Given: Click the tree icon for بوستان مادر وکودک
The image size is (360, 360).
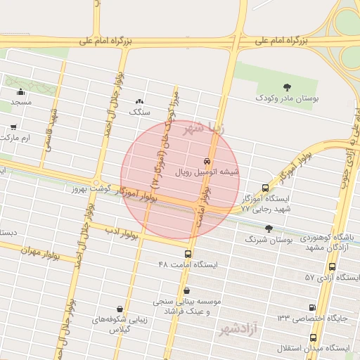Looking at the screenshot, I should click(287, 86).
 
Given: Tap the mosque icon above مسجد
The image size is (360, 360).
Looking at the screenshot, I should click(21, 91).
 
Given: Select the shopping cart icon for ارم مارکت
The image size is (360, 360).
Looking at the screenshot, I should click(14, 127).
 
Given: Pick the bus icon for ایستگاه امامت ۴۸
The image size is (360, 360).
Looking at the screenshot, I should click(188, 254).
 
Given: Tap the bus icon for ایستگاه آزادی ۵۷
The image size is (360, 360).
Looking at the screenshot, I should click(332, 266).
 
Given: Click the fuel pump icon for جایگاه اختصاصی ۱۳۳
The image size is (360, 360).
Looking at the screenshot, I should click(312, 307).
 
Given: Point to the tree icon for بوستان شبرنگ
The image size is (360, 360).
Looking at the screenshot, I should click(269, 229).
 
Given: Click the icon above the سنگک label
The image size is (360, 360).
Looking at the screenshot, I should click(139, 101).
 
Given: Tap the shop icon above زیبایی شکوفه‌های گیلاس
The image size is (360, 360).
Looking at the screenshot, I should click(120, 308).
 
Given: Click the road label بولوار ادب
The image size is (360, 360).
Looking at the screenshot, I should click(123, 231).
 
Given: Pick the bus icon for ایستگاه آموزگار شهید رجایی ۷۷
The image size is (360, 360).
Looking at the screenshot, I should click(264, 188).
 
